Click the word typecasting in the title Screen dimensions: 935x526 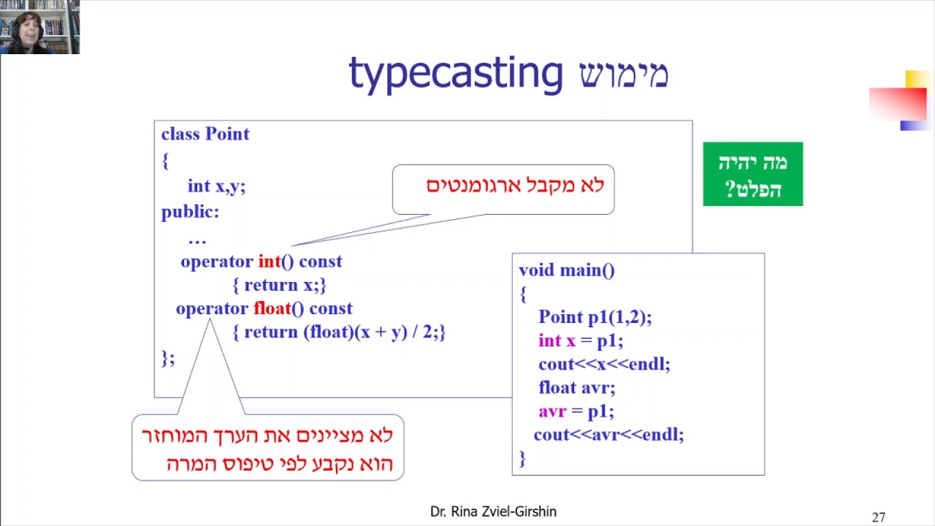tap(456, 75)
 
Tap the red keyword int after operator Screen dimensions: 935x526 tap(270, 262)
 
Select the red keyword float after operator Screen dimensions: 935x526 tap(272, 308)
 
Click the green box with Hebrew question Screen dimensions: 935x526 tap(753, 174)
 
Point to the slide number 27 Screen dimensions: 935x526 tap(879, 517)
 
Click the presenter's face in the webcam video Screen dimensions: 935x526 tap(28, 30)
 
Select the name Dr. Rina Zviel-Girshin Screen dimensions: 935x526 tap(493, 511)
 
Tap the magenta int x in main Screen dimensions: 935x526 tap(557, 340)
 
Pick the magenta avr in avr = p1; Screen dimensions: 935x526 tap(552, 412)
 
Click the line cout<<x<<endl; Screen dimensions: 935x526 tap(604, 364)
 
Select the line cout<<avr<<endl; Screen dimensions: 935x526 tap(609, 435)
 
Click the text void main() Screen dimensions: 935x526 tap(566, 270)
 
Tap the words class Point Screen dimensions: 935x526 tap(205, 134)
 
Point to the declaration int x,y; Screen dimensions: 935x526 tap(217, 186)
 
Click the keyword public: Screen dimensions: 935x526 tap(191, 212)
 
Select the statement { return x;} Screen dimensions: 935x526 tap(279, 285)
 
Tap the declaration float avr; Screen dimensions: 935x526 tap(577, 388)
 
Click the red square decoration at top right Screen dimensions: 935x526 tap(898, 104)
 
